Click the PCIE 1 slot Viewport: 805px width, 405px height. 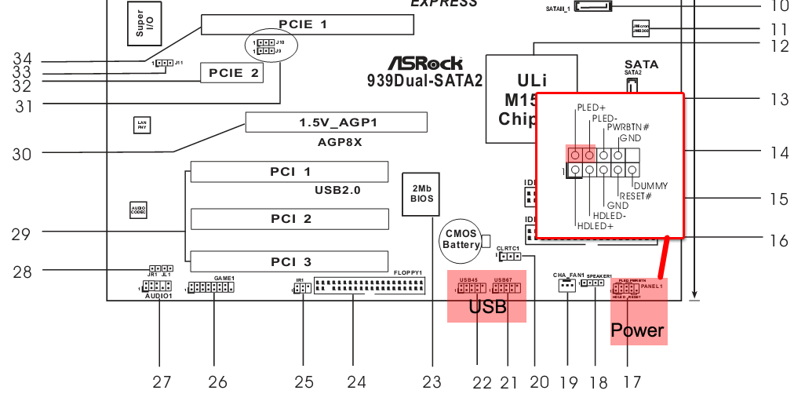coord(307,24)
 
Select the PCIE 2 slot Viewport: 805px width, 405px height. coord(231,73)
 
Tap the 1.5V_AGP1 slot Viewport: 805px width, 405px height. coord(336,122)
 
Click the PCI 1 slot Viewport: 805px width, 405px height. coord(289,172)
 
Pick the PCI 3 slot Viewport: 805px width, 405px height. coord(289,261)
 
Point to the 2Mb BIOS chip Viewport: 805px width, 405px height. coord(421,193)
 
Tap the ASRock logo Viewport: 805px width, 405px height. coord(425,63)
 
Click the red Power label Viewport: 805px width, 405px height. coord(637,330)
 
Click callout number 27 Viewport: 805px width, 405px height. coord(162,381)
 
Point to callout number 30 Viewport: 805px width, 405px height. coord(21,155)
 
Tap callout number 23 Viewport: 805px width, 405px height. coord(432,382)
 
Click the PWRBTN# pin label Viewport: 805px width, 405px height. coord(628,127)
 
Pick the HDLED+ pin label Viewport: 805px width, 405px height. coord(596,226)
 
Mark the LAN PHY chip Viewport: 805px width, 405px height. coord(141,124)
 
